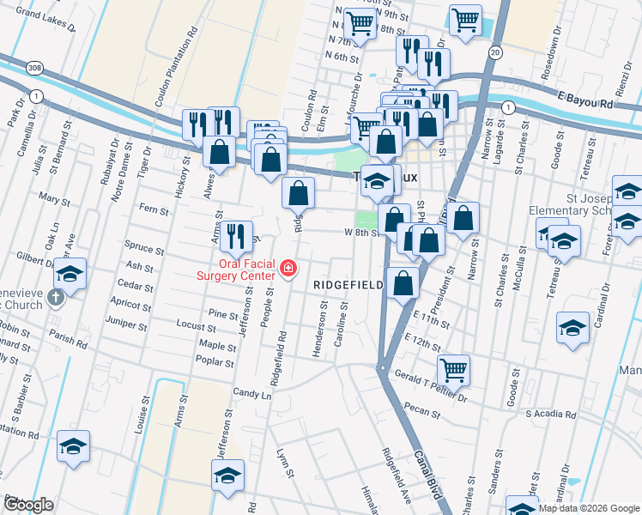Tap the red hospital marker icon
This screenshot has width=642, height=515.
288,271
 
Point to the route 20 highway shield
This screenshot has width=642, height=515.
495,53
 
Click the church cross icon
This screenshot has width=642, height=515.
56,299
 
